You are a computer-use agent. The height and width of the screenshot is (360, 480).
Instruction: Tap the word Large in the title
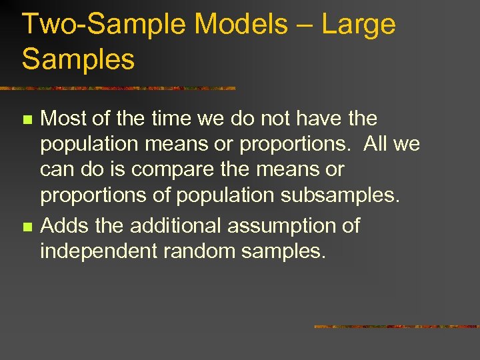[359, 25]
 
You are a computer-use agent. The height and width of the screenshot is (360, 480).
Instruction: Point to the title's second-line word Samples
[79, 59]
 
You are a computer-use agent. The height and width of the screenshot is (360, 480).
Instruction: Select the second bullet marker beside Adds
[27, 227]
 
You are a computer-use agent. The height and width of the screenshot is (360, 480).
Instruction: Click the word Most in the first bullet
[63, 119]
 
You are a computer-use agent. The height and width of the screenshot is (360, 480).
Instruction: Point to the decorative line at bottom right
[397, 327]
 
